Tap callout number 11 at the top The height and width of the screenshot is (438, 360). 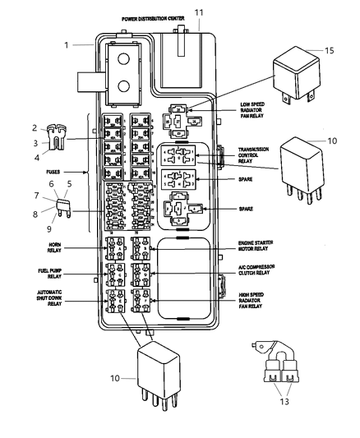click(197, 12)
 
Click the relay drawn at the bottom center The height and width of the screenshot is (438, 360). click(161, 370)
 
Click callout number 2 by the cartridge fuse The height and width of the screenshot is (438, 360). click(35, 127)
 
